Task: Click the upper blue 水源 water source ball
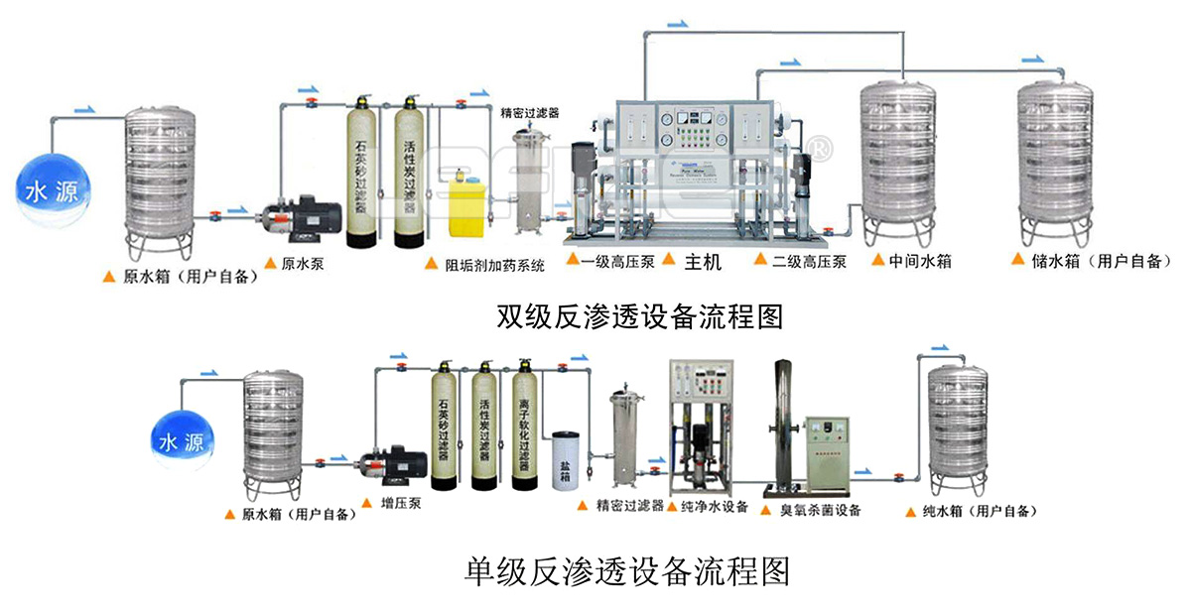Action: click(50, 187)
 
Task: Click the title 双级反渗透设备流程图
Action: click(640, 316)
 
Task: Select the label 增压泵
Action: click(401, 504)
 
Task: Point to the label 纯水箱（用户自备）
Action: click(979, 511)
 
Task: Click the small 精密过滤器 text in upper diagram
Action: click(530, 113)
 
